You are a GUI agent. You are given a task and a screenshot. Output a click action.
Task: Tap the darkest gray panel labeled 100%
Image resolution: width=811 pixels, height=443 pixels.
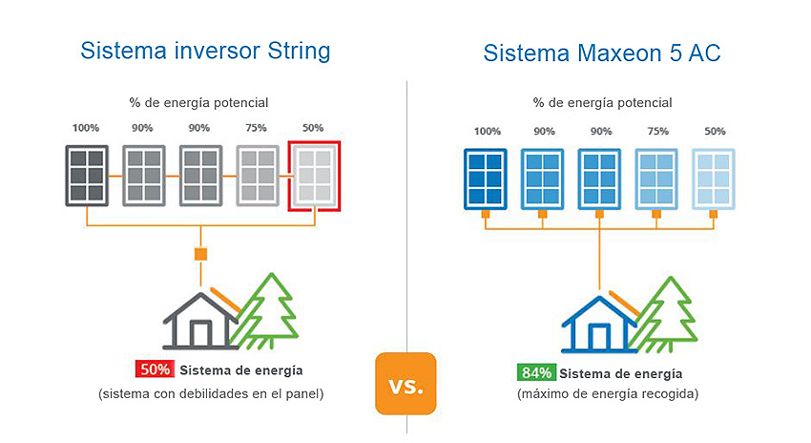[86, 174]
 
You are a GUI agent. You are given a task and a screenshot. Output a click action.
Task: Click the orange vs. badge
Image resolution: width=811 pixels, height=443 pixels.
[405, 384]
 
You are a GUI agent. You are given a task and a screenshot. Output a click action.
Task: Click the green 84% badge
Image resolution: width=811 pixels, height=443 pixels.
[535, 372]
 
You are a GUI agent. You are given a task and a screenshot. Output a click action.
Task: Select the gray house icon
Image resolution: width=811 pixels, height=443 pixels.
[200, 319]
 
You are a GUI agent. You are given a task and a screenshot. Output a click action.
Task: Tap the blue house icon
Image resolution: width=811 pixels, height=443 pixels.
[598, 324]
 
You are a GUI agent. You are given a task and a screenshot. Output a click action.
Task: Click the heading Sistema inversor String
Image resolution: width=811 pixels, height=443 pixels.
[205, 52]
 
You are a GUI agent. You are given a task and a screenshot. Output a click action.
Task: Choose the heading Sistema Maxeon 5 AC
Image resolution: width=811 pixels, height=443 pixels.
[602, 53]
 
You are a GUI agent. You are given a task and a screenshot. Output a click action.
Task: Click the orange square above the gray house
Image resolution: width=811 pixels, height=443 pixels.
[200, 254]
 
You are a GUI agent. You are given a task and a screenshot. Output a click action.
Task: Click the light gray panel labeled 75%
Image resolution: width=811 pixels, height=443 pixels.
[258, 174]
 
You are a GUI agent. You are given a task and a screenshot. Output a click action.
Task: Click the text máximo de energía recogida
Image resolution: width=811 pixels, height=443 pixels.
[607, 393]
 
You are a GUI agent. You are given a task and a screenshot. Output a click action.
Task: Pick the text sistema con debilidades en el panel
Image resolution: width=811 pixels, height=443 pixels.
[211, 393]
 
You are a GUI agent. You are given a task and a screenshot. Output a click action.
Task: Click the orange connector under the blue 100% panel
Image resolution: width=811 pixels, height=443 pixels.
[485, 214]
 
